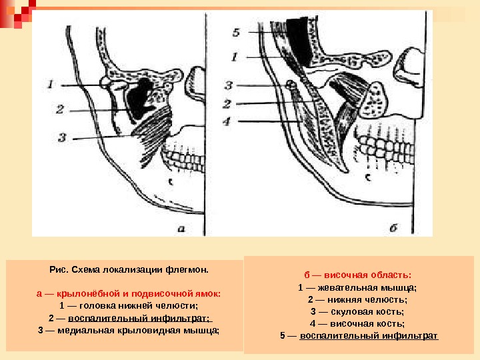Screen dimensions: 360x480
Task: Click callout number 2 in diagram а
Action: point(59,109)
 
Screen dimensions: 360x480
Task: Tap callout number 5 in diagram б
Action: point(236,31)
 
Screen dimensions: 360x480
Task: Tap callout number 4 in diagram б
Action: point(227,121)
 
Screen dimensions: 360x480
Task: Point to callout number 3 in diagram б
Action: point(229,85)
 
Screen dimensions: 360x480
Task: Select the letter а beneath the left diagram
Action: point(181,229)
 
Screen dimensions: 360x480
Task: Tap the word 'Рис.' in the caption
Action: point(58,270)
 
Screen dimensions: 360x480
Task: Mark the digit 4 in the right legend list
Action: point(313,323)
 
